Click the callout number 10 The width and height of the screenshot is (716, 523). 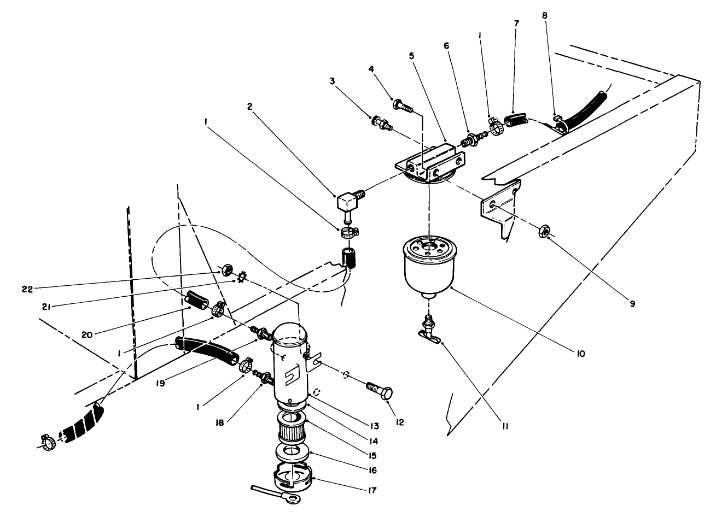[580, 354]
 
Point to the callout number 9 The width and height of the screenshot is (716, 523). [632, 304]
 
